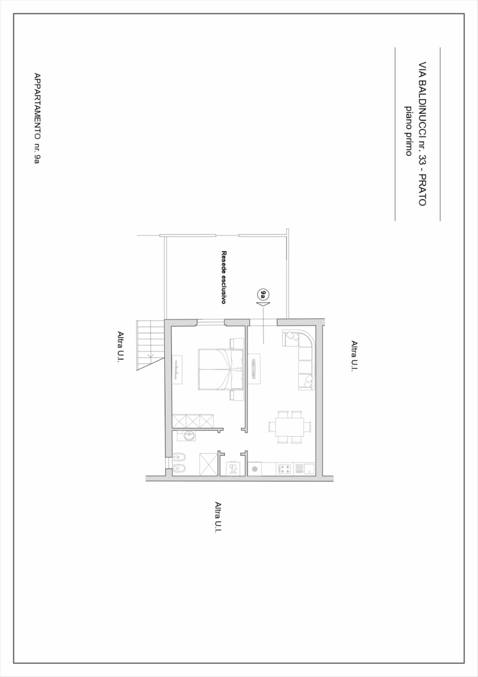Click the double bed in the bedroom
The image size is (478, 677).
click(x=221, y=370)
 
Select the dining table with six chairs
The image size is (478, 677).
click(x=290, y=427)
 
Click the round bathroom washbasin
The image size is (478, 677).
click(x=189, y=436)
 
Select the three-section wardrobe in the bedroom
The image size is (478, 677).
click(x=193, y=421)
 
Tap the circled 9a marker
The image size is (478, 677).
click(x=263, y=294)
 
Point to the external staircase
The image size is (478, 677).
click(x=150, y=345)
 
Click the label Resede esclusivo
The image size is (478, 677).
click(x=224, y=277)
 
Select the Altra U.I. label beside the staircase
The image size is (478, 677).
click(x=120, y=346)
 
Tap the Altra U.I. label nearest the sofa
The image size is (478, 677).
click(x=355, y=356)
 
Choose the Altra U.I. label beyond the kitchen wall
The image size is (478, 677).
click(x=218, y=517)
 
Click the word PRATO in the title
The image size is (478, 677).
click(x=422, y=190)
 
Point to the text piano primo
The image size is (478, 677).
click(x=409, y=131)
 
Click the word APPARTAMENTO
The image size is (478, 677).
click(x=37, y=105)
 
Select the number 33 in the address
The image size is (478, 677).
click(x=422, y=159)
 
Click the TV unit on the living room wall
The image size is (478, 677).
click(x=254, y=369)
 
